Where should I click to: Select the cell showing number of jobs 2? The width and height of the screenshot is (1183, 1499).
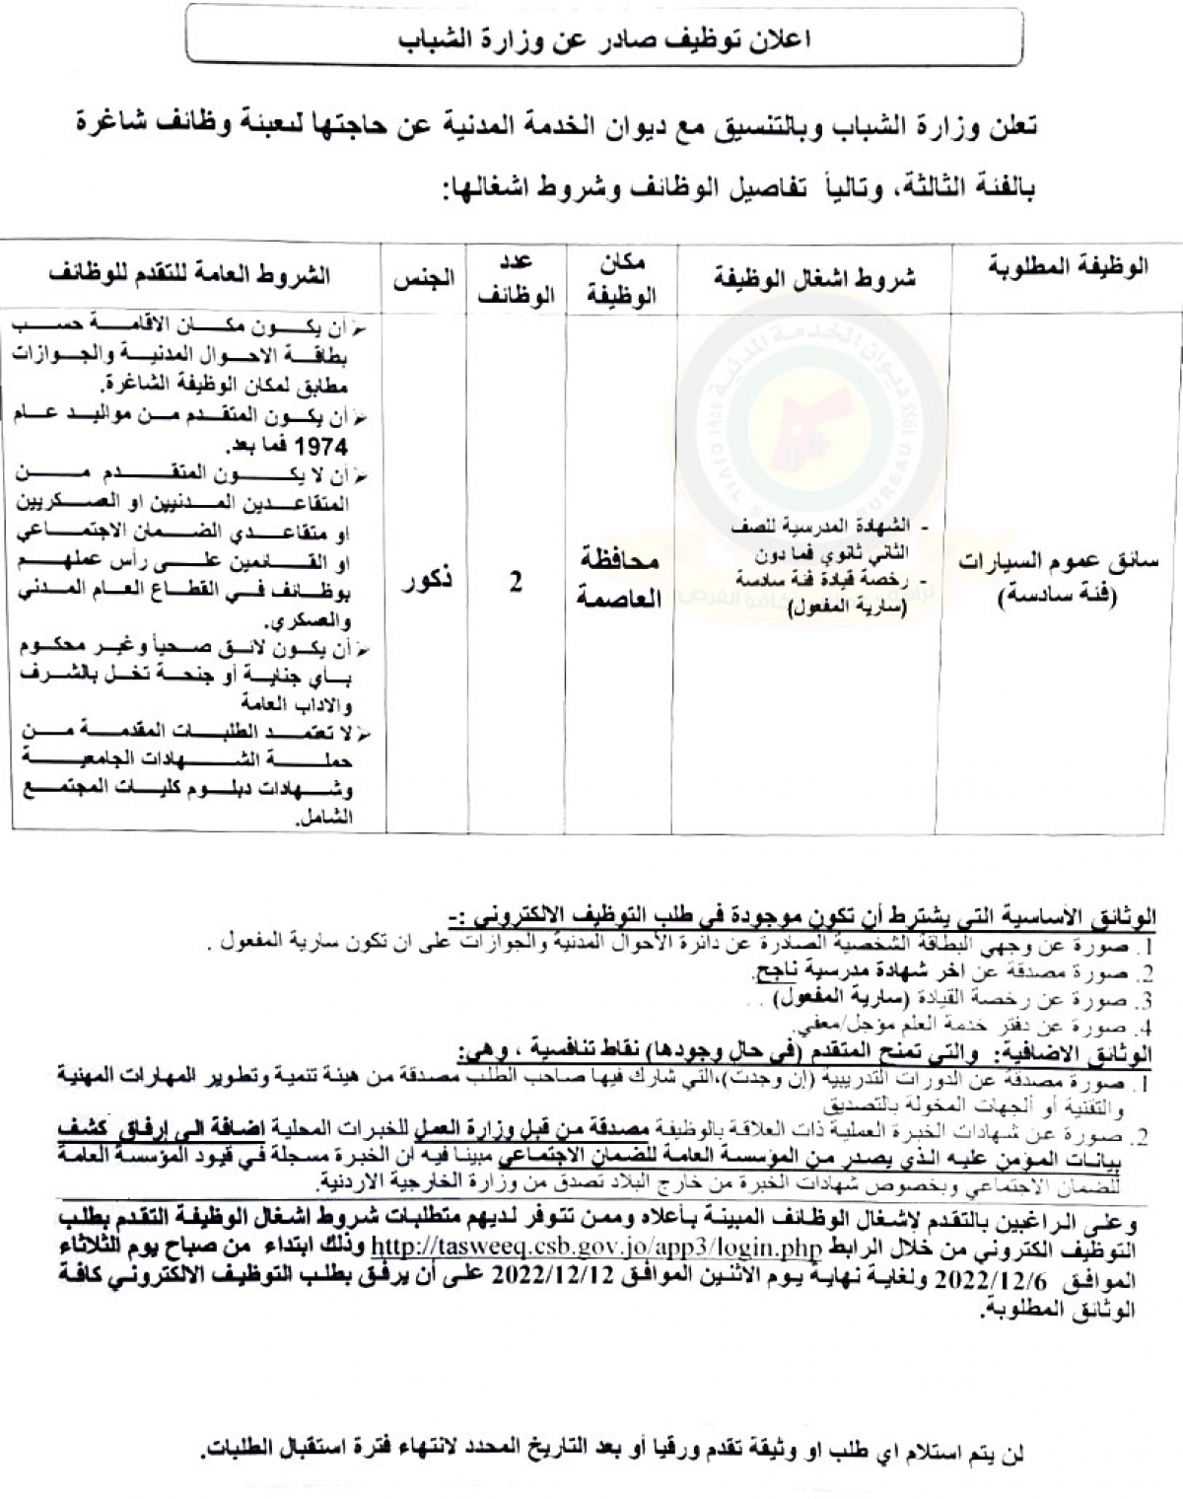(515, 582)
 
